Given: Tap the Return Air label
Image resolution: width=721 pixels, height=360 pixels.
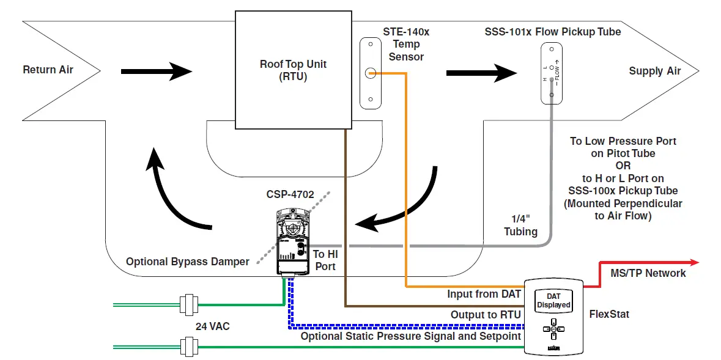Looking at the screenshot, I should pyautogui.click(x=48, y=70).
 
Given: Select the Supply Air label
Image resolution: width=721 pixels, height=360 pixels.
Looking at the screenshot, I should pyautogui.click(x=654, y=71).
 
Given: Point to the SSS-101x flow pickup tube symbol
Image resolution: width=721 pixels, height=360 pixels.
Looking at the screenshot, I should pyautogui.click(x=551, y=73).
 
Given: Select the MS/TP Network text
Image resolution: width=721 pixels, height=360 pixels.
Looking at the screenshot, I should pyautogui.click(x=648, y=273).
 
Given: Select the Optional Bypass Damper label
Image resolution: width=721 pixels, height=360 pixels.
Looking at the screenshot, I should pyautogui.click(x=187, y=262).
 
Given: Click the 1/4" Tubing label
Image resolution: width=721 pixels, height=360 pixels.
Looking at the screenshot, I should pyautogui.click(x=520, y=226).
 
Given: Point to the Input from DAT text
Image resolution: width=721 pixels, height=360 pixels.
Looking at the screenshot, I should pyautogui.click(x=484, y=294).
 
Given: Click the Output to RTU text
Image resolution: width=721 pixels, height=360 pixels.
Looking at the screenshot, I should pyautogui.click(x=486, y=315).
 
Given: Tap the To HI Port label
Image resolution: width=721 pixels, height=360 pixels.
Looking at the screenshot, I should pyautogui.click(x=325, y=260).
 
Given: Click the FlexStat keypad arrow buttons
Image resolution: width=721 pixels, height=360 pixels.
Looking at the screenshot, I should pyautogui.click(x=553, y=329).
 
